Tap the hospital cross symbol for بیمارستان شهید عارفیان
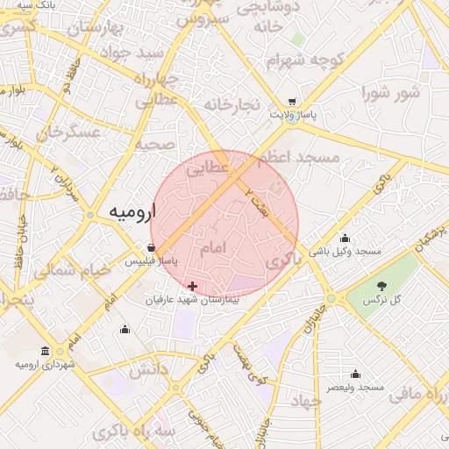[x=192, y=286]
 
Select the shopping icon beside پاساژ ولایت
[x=291, y=102]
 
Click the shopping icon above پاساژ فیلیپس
[x=153, y=247]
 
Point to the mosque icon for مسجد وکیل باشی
[x=345, y=238]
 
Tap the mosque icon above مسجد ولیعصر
[x=355, y=374]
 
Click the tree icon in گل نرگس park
[x=381, y=286]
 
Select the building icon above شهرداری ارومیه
[x=58, y=351]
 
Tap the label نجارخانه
[x=232, y=105]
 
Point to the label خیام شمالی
[x=74, y=271]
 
